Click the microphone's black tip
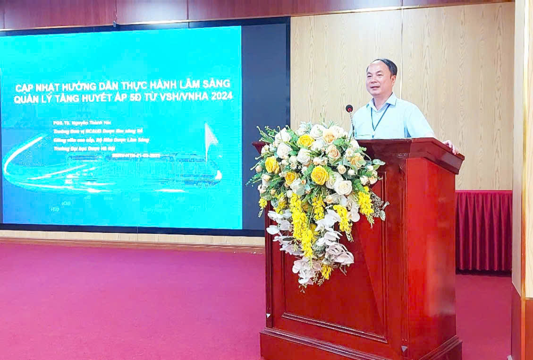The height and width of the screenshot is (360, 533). (349, 109)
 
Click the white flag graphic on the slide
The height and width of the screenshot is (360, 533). (211, 137)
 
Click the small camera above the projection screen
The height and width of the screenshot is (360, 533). (115, 23)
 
